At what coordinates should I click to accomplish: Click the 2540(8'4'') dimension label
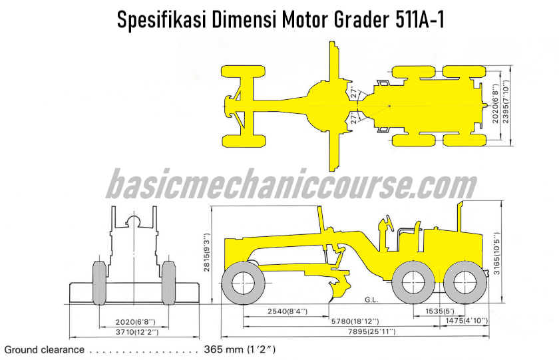[287, 311]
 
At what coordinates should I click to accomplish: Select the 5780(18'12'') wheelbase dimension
[355, 321]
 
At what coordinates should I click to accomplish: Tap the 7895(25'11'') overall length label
[371, 331]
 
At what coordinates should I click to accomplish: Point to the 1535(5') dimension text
[440, 311]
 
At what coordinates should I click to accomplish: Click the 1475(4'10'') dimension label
[466, 321]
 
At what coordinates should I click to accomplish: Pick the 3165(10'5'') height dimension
[496, 254]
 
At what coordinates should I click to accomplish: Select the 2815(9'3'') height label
[207, 253]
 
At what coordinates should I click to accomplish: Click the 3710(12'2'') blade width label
[137, 332]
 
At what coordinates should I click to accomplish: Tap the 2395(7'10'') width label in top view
[505, 102]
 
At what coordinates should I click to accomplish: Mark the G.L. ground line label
[371, 299]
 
